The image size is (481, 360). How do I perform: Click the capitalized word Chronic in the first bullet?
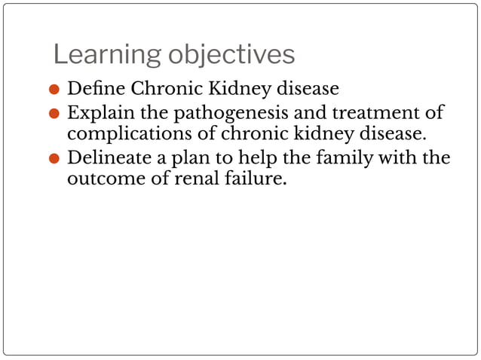164,89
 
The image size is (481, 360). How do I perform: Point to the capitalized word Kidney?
241,89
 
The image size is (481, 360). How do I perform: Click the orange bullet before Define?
54,90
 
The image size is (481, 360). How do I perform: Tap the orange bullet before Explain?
54,114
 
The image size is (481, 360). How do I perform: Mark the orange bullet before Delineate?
54,160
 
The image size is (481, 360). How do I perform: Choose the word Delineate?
110,159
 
